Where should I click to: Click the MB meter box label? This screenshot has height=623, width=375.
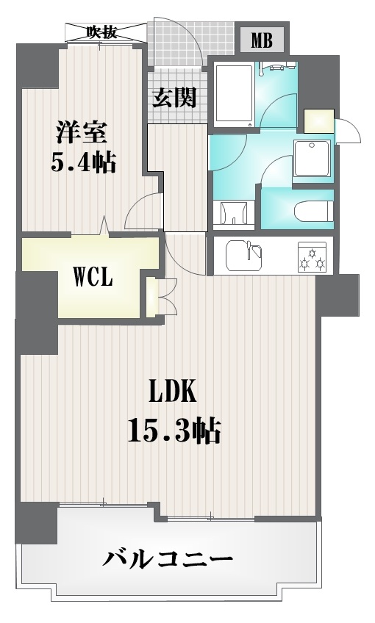261,40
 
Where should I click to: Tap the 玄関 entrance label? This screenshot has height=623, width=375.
175,97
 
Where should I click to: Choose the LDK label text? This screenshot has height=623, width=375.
172,392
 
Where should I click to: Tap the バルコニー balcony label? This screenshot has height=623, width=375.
168,560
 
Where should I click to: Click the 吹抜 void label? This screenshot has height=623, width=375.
102,32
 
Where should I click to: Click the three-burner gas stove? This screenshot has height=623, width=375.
312,257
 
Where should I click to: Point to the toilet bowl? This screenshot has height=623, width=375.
312,212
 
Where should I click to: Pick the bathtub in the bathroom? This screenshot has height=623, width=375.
233,96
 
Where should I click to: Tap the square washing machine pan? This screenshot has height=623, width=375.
312,159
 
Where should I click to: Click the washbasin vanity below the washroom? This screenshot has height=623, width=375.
233,213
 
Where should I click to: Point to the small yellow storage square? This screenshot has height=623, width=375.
319,120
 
